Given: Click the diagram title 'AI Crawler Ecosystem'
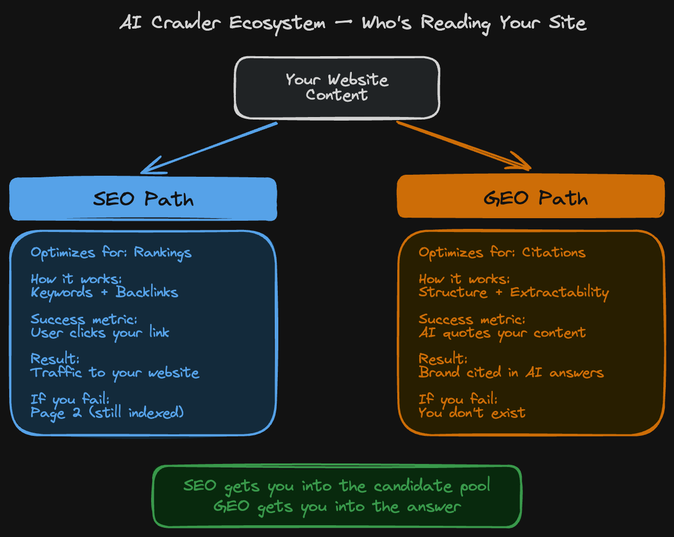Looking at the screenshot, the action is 223,23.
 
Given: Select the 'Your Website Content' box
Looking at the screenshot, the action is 337,87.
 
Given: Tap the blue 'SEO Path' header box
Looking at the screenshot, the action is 143,199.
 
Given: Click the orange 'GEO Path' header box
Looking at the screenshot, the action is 531,197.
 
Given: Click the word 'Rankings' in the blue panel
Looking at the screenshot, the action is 162,252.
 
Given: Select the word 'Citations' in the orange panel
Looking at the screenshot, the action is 553,252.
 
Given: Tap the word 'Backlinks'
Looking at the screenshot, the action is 147,292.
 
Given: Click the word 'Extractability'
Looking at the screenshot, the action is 560,292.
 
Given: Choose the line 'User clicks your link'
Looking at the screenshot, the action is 100,333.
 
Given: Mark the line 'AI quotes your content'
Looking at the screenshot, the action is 502,333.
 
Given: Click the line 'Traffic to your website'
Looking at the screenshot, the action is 115,372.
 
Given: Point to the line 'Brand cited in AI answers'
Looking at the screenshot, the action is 511,372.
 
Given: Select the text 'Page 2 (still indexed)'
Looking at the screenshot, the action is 107,412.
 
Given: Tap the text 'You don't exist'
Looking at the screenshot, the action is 472,412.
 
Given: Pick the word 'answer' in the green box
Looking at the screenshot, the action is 434,506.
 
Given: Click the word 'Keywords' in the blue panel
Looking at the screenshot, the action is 62,292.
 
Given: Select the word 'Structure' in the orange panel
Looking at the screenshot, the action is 453,292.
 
